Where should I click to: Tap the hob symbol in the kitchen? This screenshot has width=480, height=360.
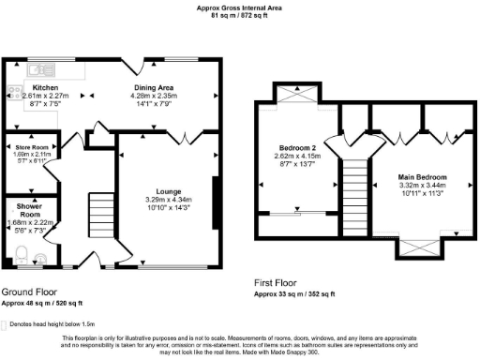coord(14,92)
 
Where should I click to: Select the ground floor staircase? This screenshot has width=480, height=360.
coord(99,217)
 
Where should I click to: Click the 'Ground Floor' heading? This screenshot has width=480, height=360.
coord(30,292)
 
